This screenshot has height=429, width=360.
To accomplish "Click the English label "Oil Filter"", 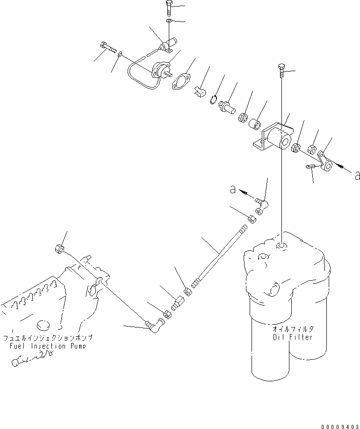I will coord(293,337).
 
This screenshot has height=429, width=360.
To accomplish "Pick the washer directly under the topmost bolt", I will coord(168,22).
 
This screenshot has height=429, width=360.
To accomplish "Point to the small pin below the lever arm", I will coord(312,167).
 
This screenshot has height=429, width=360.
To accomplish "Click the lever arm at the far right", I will coord(325,160).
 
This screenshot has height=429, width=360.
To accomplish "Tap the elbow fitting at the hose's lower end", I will coord(156,323).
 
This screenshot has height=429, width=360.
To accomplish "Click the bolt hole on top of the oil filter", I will coord(281,245).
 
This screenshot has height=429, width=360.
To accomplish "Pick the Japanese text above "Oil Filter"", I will coord(293,329).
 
